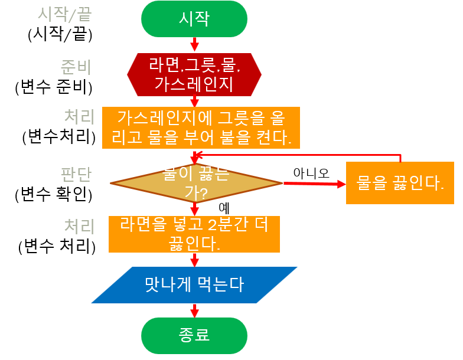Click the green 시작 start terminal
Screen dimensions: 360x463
194,19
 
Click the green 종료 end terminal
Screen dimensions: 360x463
194,335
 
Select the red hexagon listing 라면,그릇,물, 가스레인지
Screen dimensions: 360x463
194,74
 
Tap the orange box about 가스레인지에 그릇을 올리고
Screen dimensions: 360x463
201,127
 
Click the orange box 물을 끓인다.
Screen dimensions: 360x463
400,183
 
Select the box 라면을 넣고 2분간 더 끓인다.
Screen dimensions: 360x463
194,234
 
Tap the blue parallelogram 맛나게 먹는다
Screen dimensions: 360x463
194,285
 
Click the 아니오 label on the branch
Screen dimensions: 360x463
311,172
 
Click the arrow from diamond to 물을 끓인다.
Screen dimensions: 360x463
314,184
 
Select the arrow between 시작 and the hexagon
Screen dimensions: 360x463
194,44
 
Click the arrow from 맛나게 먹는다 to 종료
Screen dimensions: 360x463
194,310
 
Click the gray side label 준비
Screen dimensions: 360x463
76,66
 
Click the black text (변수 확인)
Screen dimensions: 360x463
54,193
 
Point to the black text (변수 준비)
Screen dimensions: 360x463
54,87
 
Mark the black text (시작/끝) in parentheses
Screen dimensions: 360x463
60,34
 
